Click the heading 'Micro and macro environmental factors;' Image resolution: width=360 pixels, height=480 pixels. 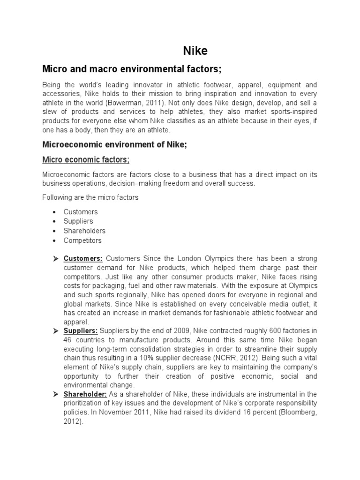click(x=131, y=69)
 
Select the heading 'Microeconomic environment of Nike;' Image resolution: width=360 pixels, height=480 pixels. click(x=114, y=145)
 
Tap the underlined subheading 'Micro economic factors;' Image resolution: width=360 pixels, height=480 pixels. click(x=86, y=160)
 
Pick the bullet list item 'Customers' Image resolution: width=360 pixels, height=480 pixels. click(x=81, y=212)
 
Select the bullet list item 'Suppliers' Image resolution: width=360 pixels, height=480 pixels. click(x=78, y=221)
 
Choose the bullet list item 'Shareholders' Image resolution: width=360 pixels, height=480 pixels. click(x=84, y=231)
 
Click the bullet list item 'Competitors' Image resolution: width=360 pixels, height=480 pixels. click(x=82, y=240)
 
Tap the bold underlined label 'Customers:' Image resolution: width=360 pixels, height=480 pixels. click(x=83, y=259)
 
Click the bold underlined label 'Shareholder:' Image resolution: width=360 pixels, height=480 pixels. click(x=86, y=395)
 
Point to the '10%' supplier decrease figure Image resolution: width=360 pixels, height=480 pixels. click(x=156, y=359)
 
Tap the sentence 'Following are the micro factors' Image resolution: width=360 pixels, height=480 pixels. click(x=90, y=197)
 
